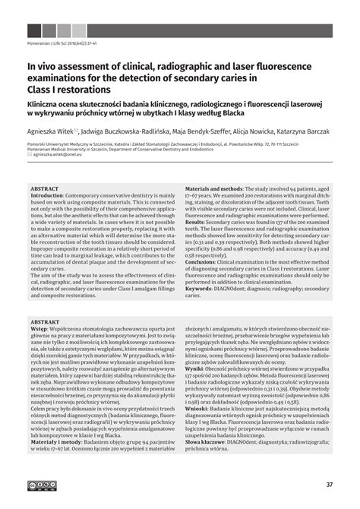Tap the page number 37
click(329, 485)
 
